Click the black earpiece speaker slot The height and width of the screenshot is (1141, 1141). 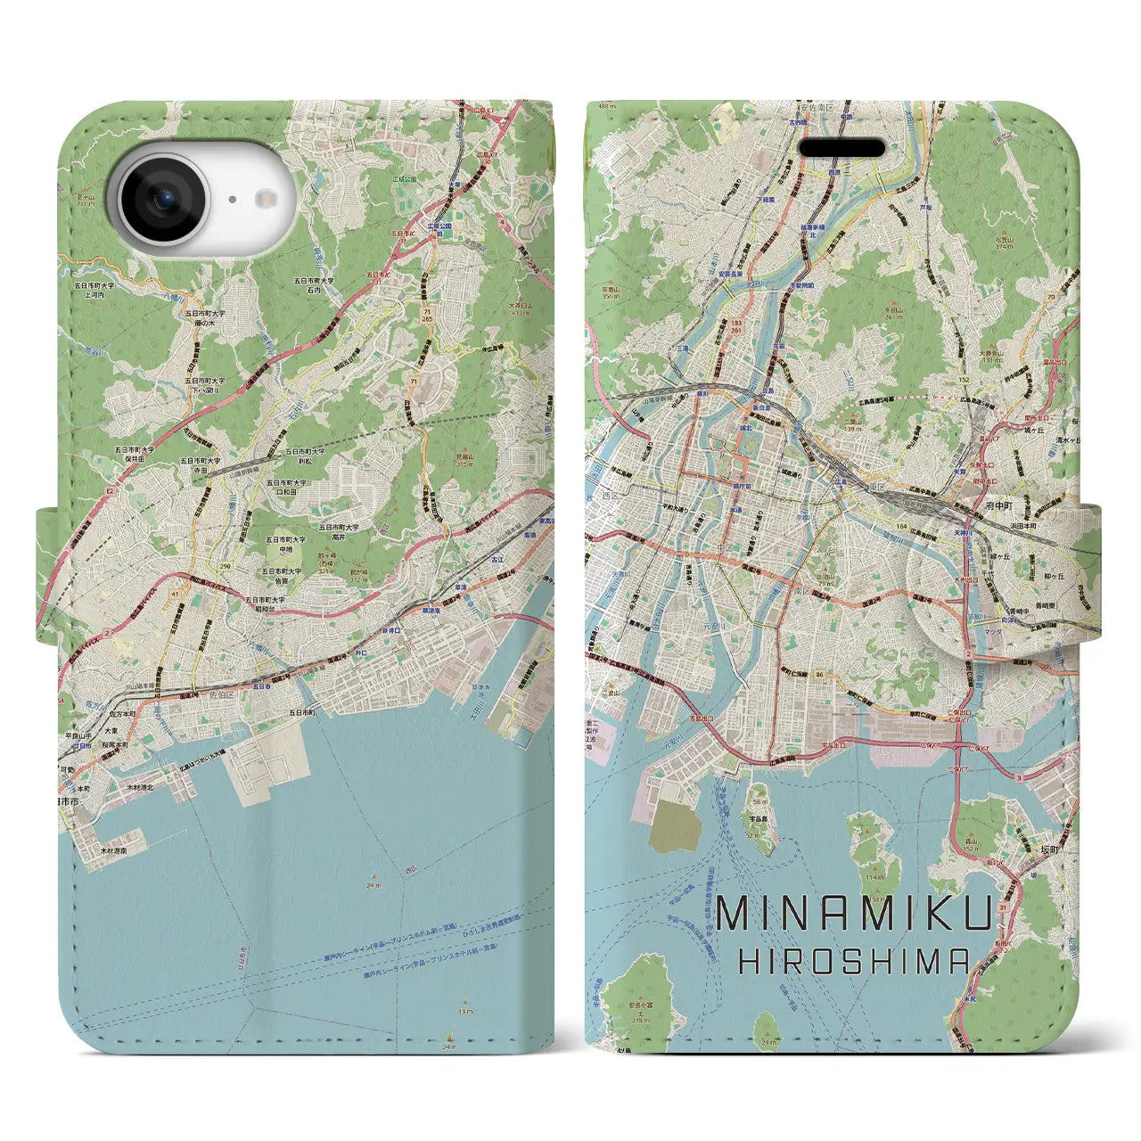(841, 148)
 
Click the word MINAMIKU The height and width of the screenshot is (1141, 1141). (854, 916)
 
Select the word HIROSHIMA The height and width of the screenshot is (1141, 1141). (855, 960)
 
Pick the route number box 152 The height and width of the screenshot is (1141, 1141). (965, 381)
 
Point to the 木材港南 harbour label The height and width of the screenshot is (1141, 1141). (114, 850)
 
